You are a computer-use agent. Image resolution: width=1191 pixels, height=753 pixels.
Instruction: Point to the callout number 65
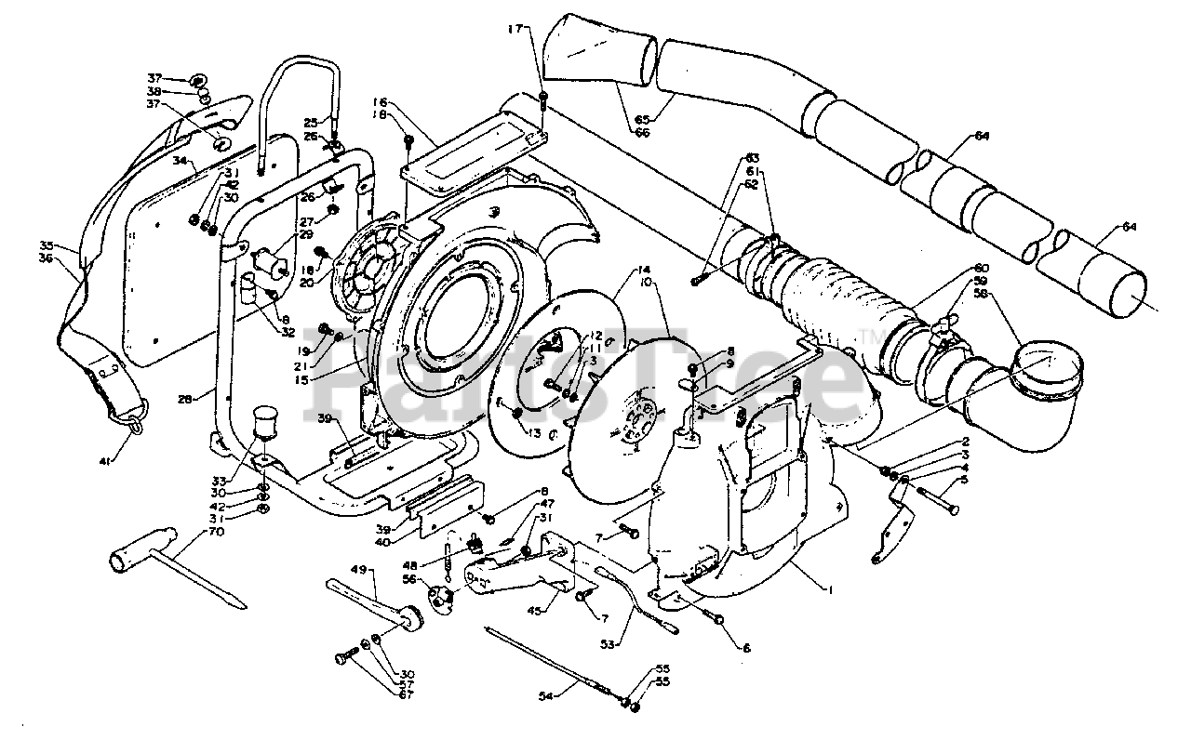coord(642,118)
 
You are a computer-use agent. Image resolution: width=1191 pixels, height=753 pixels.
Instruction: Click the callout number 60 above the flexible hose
coord(981,269)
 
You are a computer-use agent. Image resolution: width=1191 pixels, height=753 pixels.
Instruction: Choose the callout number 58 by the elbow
coord(981,294)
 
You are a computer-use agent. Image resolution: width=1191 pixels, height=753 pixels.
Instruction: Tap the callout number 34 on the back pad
coord(181,160)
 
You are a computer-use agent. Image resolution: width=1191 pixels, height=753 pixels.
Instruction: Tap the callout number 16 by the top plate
coord(381,101)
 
